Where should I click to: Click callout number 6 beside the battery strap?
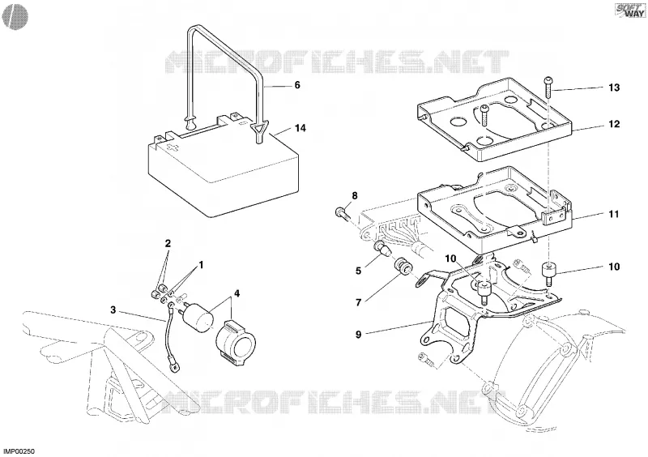297,85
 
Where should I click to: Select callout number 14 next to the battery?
301,128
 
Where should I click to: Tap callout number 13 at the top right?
614,88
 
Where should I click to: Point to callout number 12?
614,124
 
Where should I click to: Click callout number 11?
614,214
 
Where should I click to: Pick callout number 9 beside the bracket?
358,334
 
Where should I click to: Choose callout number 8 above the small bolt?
355,195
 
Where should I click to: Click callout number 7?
359,303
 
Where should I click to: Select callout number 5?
358,271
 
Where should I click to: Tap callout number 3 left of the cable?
113,310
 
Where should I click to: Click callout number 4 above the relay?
237,294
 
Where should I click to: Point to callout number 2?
168,243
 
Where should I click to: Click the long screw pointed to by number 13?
549,87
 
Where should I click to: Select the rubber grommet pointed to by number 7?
402,267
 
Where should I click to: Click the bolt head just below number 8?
341,213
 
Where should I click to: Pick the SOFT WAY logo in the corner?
629,11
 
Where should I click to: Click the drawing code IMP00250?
19,451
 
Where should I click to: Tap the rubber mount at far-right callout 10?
548,273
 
